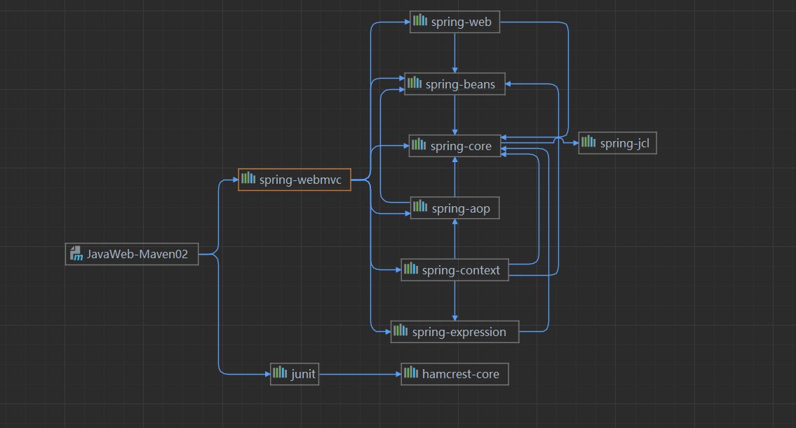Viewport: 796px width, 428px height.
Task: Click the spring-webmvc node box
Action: click(295, 180)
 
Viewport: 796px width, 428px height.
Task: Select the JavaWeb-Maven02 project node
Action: click(132, 254)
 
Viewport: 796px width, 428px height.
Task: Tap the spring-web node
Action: click(455, 22)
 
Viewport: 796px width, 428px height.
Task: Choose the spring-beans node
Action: click(455, 83)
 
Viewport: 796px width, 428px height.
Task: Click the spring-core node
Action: click(455, 146)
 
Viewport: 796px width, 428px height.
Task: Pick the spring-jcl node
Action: click(618, 143)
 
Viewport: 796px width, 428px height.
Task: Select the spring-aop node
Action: click(455, 208)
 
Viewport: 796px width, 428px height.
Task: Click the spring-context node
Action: click(455, 269)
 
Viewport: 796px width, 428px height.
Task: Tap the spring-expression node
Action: click(455, 332)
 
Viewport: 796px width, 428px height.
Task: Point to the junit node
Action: click(295, 374)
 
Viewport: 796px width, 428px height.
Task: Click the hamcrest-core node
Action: click(455, 374)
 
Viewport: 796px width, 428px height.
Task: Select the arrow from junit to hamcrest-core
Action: click(360, 374)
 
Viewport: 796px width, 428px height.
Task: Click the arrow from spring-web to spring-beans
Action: click(455, 53)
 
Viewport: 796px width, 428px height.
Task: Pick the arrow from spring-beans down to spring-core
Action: click(455, 115)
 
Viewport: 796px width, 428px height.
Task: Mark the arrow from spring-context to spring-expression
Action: click(455, 300)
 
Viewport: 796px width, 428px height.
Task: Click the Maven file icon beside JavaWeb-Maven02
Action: click(76, 253)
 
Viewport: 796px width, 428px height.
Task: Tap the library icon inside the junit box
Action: click(280, 373)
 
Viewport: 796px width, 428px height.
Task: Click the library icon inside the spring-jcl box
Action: click(588, 141)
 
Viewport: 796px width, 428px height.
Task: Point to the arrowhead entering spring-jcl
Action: click(576, 143)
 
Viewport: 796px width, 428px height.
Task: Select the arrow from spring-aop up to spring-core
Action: click(455, 177)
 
